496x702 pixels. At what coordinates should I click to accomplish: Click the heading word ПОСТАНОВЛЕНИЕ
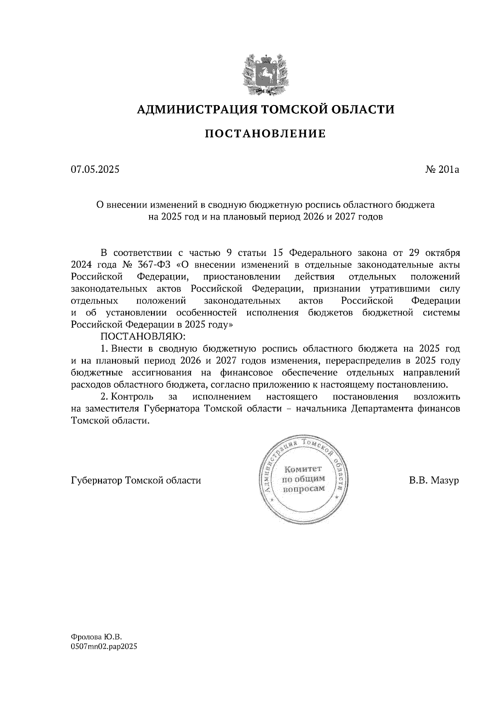(x=266, y=134)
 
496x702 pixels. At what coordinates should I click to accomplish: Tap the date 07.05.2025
(x=95, y=169)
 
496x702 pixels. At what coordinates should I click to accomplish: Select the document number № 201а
(x=442, y=169)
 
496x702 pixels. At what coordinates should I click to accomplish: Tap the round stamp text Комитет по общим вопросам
(x=303, y=479)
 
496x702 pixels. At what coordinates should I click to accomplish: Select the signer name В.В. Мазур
(x=434, y=481)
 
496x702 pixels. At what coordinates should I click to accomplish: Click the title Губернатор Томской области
(x=136, y=481)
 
